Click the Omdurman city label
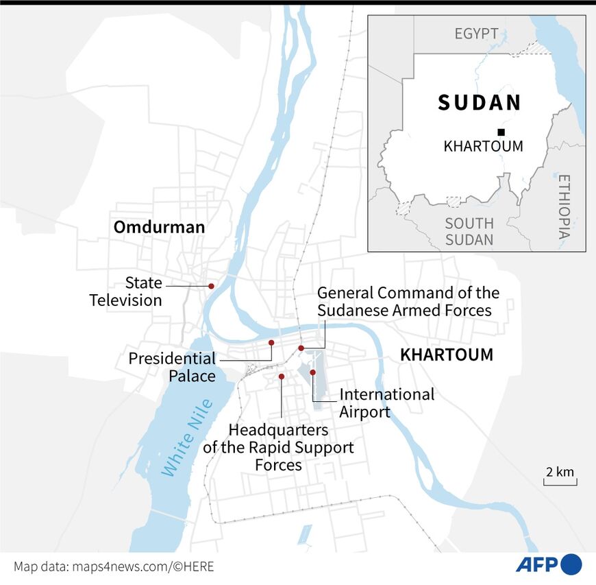159,227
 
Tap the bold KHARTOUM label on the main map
446,355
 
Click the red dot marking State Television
211,286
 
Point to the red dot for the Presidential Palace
271,342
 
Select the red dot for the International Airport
312,372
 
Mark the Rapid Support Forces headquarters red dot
282,377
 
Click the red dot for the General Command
301,348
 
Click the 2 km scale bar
559,478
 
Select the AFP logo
548,564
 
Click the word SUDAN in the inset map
480,103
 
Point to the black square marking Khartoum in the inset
501,132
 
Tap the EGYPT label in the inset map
477,34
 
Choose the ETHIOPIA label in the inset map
563,206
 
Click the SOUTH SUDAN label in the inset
469,231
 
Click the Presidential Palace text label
172,367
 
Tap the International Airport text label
386,403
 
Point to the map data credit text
114,566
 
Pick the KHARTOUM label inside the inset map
483,146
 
